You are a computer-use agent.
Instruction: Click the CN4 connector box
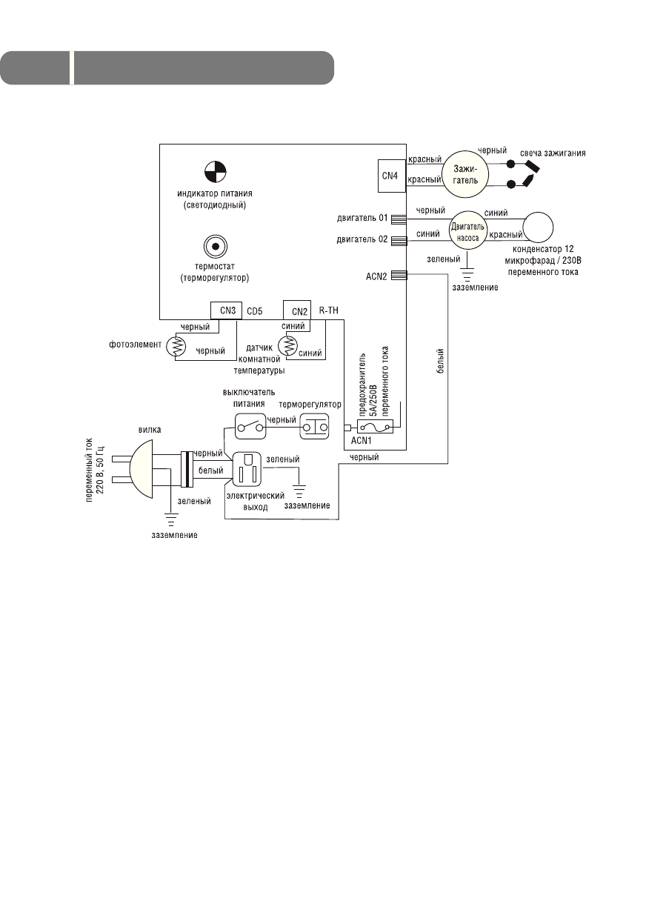[389, 175]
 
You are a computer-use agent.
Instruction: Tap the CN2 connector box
[299, 310]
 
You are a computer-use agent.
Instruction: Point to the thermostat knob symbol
[215, 247]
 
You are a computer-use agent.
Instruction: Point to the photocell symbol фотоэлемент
[176, 346]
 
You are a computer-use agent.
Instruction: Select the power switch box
[248, 428]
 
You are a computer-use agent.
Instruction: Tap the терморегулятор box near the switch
[314, 428]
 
